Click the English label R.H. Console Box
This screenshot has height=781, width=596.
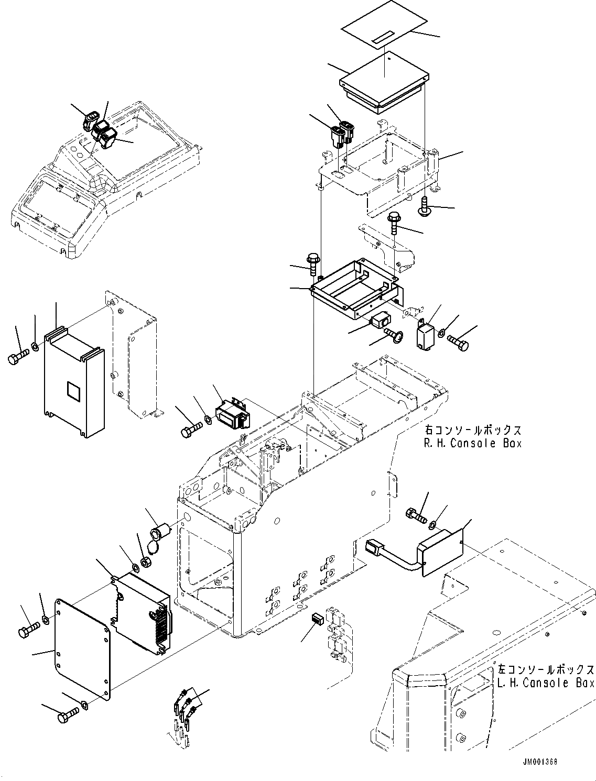[x=472, y=443]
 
